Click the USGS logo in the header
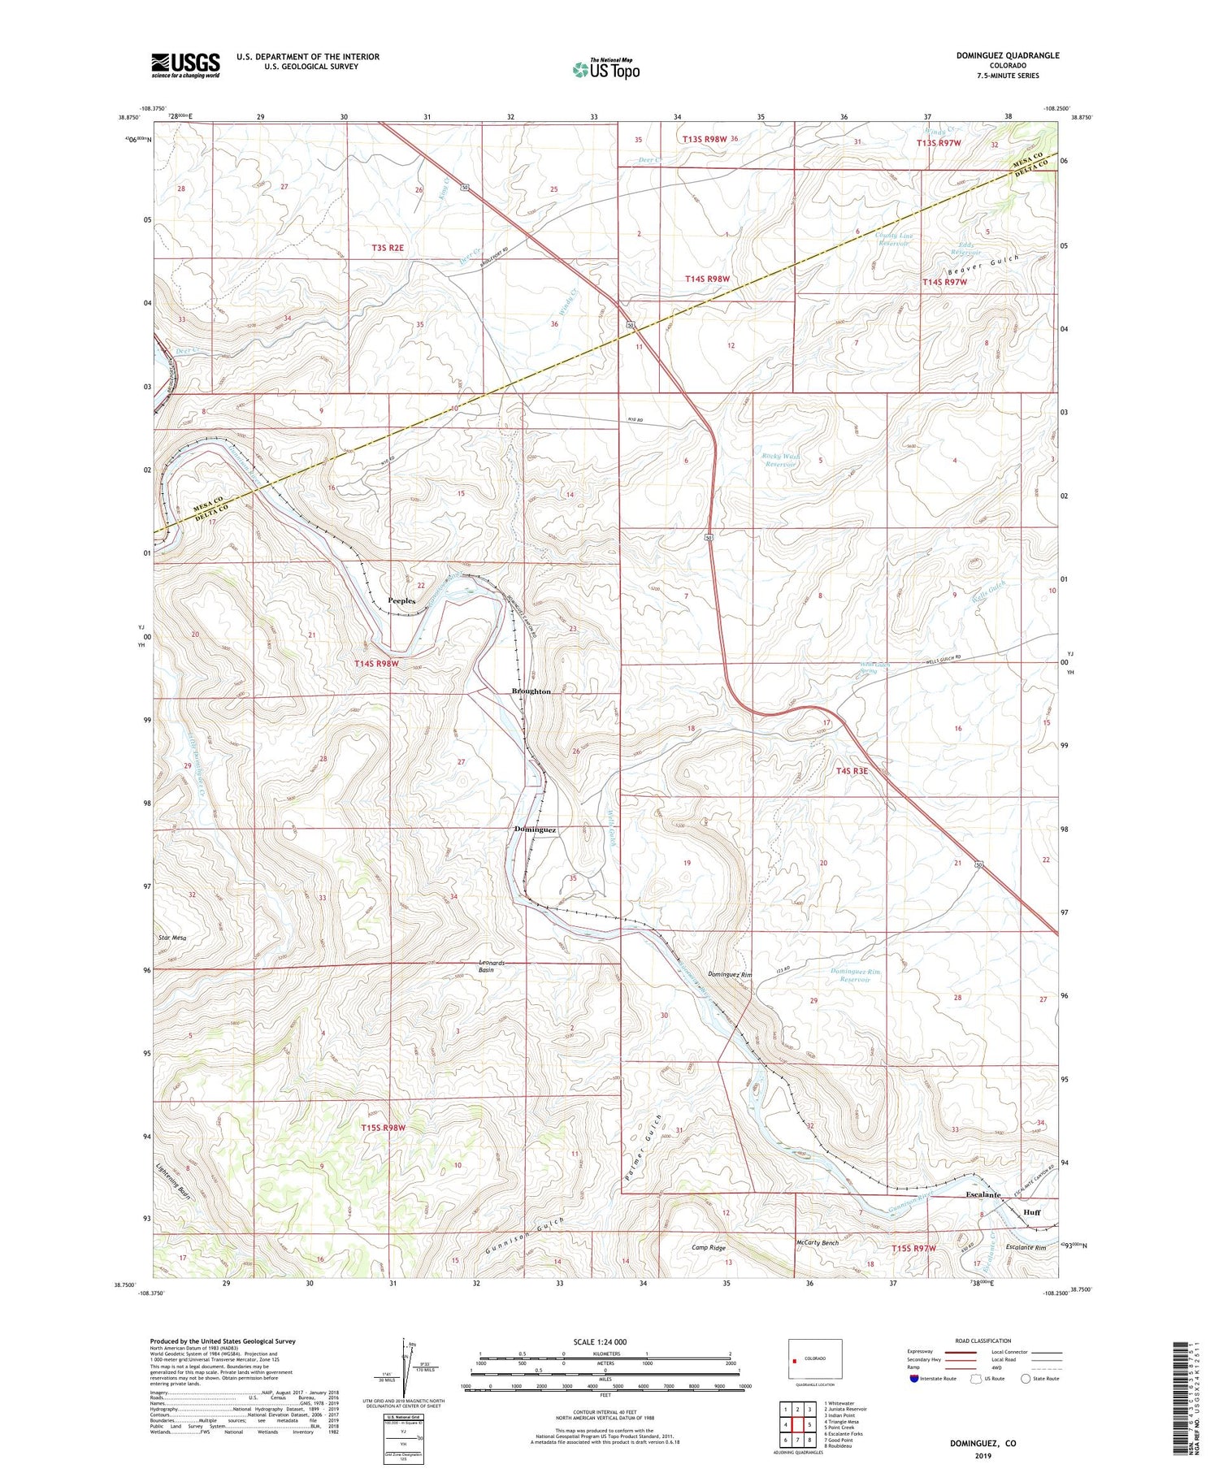point(185,65)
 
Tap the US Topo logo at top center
point(605,69)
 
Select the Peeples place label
point(401,600)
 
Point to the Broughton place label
point(531,691)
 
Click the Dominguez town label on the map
point(535,830)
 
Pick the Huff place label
point(1031,1212)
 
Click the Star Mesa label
point(172,938)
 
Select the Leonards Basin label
point(491,966)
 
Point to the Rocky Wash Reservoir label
point(780,460)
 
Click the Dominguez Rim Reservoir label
point(856,975)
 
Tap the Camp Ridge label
point(709,1247)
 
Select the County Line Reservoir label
point(895,240)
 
